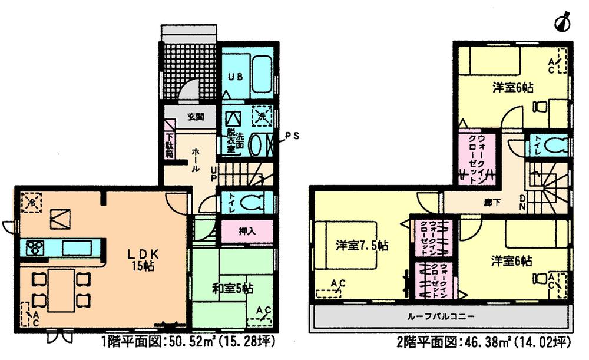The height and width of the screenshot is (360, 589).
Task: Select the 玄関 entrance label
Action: [196, 117]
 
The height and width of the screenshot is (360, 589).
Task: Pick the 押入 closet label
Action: [239, 232]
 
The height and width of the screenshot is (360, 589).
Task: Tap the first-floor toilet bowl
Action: [251, 202]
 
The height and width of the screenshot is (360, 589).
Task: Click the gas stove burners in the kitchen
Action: [34, 247]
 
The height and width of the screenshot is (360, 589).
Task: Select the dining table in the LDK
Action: [61, 290]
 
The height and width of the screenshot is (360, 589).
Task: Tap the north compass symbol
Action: [563, 22]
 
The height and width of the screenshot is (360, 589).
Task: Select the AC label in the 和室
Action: [263, 311]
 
